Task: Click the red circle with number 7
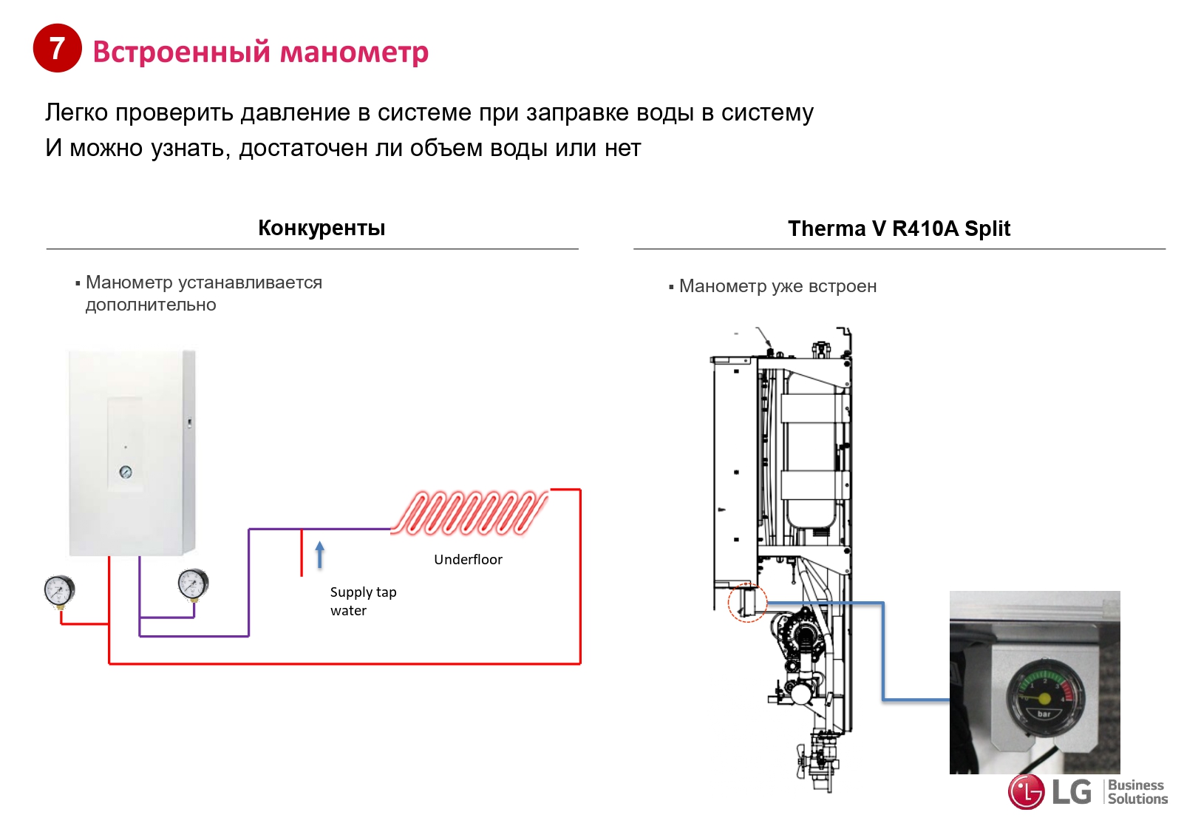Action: coord(57,48)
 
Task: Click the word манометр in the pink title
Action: coord(354,53)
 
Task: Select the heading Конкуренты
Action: coord(321,229)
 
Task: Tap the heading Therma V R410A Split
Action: coord(899,229)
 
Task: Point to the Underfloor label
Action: coord(468,560)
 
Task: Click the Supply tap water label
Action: coord(363,601)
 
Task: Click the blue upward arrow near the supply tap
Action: coord(320,555)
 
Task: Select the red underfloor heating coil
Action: coord(470,512)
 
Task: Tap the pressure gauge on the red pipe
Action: coord(59,592)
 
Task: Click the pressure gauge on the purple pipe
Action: coord(193,584)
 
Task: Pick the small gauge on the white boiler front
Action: coord(126,472)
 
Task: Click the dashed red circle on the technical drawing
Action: coord(747,602)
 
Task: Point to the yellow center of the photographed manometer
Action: coord(1044,699)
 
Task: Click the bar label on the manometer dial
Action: coord(1044,714)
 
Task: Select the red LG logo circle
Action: coord(1026,792)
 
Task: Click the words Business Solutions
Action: coord(1137,792)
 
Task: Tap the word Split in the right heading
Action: coord(987,229)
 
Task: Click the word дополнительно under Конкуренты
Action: coord(151,305)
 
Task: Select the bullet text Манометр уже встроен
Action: coord(778,286)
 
